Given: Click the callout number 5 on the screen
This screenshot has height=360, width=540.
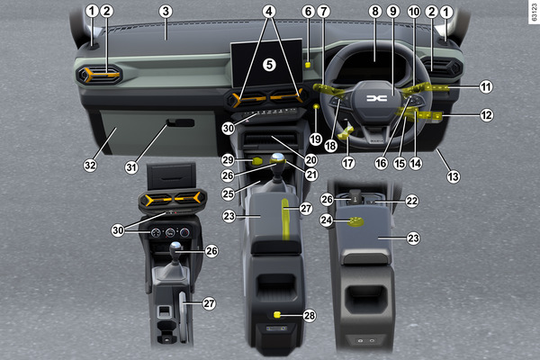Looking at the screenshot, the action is (269, 65).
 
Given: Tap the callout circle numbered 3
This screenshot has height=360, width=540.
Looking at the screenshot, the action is (166, 12).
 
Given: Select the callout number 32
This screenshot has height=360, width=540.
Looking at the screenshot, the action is (90, 166).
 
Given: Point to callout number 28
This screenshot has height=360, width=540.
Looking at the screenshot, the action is (310, 316).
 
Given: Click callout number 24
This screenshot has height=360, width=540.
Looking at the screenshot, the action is (327, 220).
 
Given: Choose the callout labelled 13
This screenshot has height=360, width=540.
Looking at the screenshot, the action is (454, 176).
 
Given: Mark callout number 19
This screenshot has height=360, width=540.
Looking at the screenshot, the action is (316, 139).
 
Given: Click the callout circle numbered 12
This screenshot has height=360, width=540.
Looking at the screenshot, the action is (486, 115).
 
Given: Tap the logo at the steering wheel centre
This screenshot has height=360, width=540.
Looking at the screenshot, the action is (377, 98).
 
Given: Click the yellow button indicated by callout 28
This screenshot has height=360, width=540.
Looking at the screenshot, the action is (277, 314).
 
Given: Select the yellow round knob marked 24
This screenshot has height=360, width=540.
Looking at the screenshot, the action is (355, 222).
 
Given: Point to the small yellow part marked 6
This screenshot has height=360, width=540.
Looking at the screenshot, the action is (308, 65).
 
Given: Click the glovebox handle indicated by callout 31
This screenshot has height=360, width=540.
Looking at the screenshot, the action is (181, 122).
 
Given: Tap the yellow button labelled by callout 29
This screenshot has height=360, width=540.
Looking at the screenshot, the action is (257, 160).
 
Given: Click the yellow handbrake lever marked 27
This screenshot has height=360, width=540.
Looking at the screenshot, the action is (286, 219).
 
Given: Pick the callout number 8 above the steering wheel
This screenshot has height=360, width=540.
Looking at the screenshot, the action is (375, 12).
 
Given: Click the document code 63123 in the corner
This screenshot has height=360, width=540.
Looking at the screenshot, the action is (534, 13).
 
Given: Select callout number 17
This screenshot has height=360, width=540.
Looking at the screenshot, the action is (348, 163).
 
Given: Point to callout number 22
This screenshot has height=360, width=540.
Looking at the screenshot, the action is (412, 201).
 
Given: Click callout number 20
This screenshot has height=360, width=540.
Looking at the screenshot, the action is (311, 160).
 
